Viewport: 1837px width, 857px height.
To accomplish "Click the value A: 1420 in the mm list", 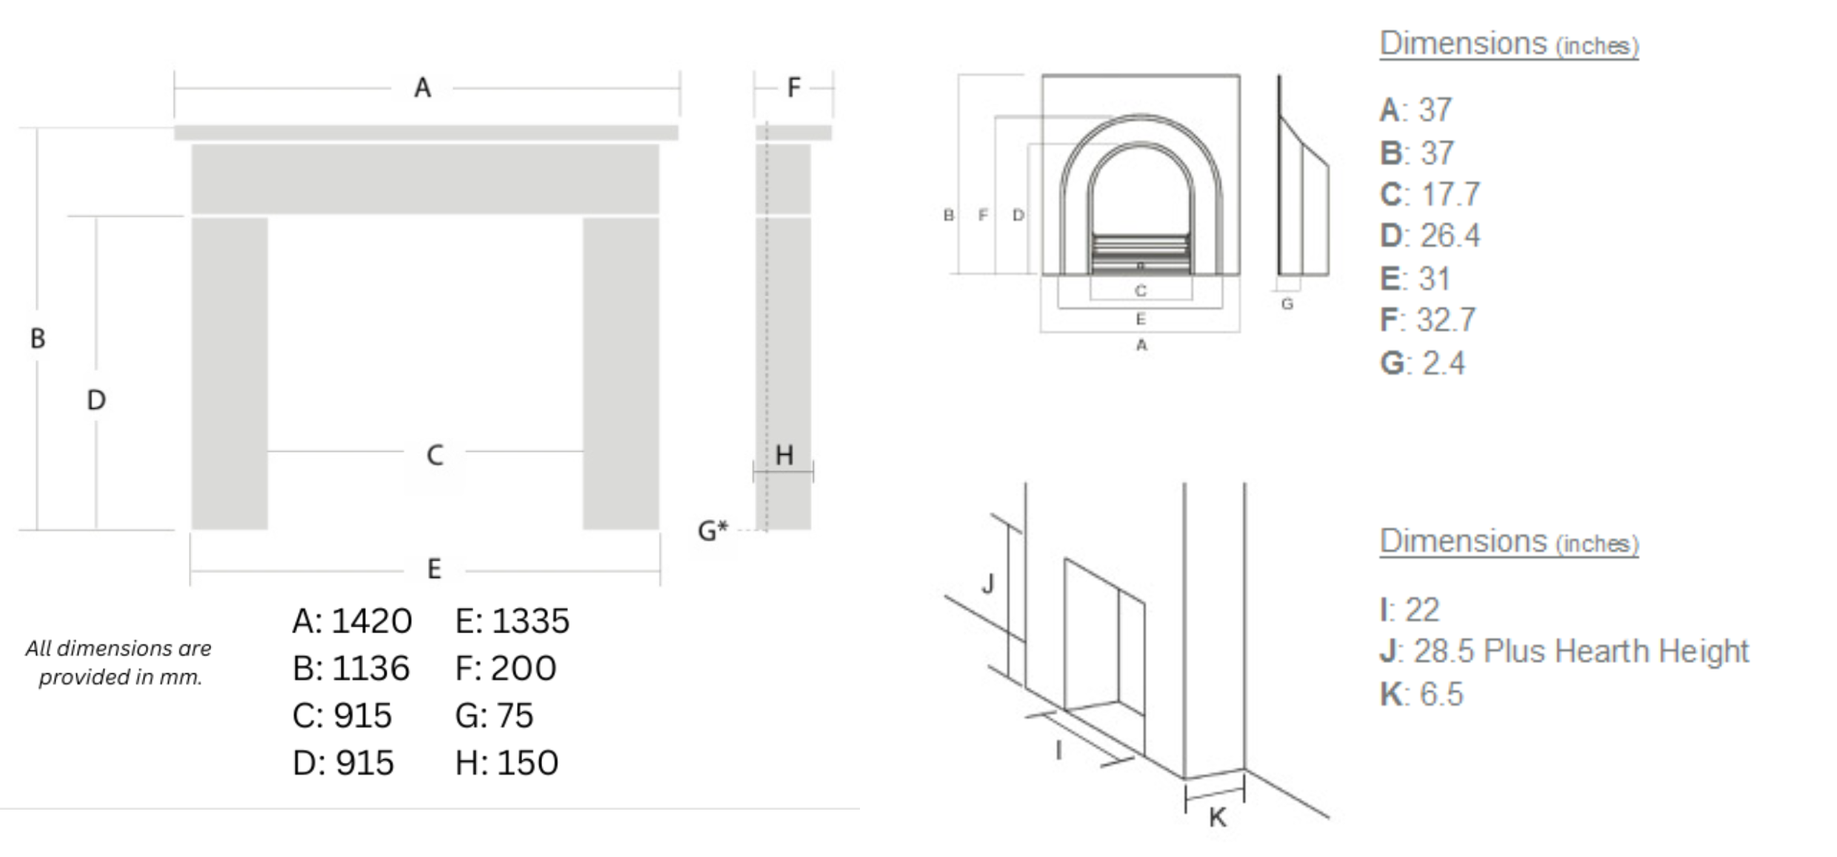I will coord(352,621).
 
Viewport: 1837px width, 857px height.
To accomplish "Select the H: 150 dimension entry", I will coord(507,763).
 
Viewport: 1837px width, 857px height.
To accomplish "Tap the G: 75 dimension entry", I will coord(494,716).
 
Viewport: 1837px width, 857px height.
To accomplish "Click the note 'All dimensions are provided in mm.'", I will coord(119,662).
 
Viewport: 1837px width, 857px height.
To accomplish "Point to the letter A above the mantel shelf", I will coord(422,88).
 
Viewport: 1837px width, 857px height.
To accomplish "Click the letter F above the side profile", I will coord(793,88).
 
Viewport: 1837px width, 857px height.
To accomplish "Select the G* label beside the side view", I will coord(713,530).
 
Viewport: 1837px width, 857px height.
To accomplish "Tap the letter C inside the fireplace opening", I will coord(435,455).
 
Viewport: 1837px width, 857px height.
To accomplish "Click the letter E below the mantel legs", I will coord(434,569).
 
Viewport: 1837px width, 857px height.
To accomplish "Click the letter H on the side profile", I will coord(784,455).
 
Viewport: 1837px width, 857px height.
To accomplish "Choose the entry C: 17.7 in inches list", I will coord(1430,195).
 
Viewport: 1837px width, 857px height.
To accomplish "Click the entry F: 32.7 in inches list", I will coord(1427,320).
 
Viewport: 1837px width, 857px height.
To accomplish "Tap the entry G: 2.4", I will coord(1422,364).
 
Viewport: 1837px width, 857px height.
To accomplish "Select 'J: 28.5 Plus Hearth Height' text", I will coord(1564,652).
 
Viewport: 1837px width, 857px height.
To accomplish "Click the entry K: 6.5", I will coord(1421,695).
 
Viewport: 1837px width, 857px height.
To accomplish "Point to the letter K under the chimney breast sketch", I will coord(1217,818).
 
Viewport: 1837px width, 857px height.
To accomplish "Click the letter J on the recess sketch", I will coord(987,584).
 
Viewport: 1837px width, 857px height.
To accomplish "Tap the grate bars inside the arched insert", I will coord(1141,252).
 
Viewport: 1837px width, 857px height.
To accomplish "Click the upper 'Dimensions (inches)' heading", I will coord(1508,44).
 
